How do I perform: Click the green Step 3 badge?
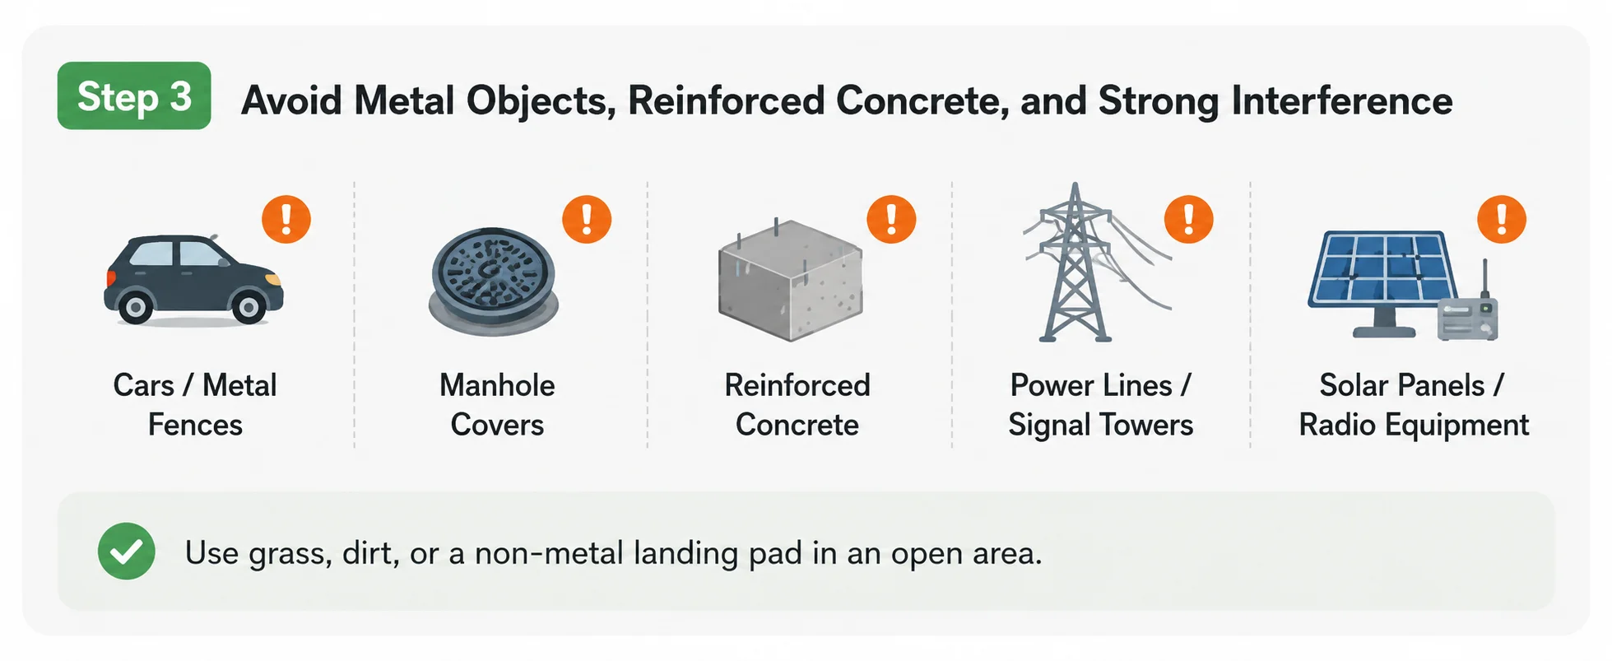[134, 95]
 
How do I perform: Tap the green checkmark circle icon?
[127, 552]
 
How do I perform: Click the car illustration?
[193, 280]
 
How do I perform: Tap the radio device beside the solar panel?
[1468, 313]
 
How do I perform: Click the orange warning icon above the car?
[286, 219]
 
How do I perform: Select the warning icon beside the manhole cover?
[587, 219]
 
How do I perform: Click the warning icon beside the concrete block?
[891, 219]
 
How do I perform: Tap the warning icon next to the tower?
[1188, 219]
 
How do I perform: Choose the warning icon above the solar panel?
[1502, 219]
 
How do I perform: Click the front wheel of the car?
[249, 308]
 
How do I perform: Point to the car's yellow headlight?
[273, 280]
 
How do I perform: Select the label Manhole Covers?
[497, 405]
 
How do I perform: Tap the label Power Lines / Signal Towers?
[1101, 405]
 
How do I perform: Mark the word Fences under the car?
[195, 425]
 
